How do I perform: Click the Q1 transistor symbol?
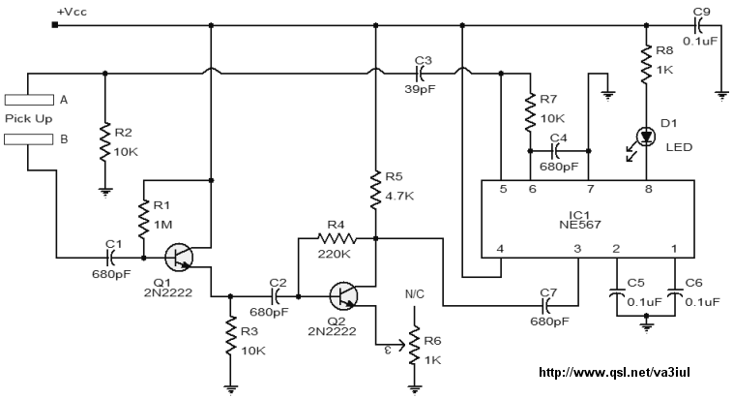[x=179, y=257]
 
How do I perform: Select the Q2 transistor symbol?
[x=343, y=296]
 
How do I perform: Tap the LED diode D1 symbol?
[x=646, y=137]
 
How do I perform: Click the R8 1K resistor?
[x=646, y=64]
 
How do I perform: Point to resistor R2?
[x=104, y=142]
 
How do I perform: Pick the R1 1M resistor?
[x=143, y=219]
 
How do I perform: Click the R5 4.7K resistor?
[x=375, y=190]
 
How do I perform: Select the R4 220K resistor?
[x=337, y=239]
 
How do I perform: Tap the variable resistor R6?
[x=414, y=346]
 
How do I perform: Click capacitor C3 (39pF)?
[x=420, y=74]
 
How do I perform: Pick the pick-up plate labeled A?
[x=29, y=100]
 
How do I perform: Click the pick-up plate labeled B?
[x=29, y=139]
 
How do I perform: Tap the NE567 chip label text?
[x=579, y=225]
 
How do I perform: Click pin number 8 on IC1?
[x=649, y=189]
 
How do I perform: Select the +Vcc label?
[x=72, y=12]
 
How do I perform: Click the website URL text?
[x=614, y=373]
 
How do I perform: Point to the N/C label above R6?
[x=415, y=294]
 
